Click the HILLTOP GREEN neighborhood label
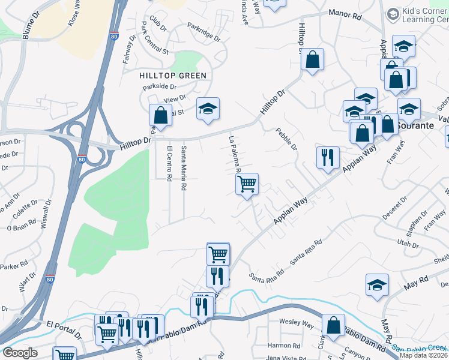coord(173,76)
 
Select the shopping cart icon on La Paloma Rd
coord(247,185)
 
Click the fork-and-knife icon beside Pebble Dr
coord(328,158)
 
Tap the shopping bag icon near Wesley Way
coord(333,325)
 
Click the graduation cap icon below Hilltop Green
coord(208,109)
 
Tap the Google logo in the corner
coord(20,353)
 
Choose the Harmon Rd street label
coord(283,346)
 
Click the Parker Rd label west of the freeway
coord(16,265)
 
